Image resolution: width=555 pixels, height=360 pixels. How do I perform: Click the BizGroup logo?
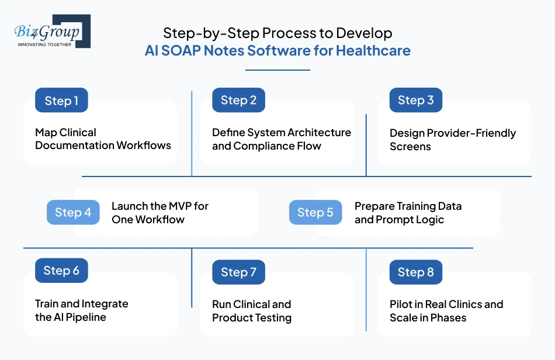(x=52, y=32)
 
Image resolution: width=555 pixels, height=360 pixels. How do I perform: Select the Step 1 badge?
(x=61, y=101)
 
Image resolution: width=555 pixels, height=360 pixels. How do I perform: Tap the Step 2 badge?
(x=238, y=100)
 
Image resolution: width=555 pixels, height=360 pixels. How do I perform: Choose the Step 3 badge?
(x=415, y=100)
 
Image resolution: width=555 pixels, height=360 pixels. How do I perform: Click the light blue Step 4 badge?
(x=73, y=213)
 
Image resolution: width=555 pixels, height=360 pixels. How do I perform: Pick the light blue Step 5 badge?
(x=315, y=213)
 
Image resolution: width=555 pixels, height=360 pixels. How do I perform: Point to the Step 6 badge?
(x=61, y=271)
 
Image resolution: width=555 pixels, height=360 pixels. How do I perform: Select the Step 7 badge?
(x=238, y=272)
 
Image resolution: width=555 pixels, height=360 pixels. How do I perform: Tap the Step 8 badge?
(x=415, y=272)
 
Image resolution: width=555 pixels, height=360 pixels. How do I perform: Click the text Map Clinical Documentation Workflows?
(x=103, y=139)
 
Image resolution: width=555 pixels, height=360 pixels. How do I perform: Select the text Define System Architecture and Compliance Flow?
(x=281, y=139)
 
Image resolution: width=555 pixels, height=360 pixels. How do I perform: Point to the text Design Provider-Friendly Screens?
(x=452, y=140)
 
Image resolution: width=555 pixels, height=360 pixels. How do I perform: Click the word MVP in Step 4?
(x=176, y=206)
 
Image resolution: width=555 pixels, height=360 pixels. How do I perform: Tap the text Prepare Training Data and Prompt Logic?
(x=407, y=213)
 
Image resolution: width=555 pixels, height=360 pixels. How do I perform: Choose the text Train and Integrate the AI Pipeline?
(x=81, y=310)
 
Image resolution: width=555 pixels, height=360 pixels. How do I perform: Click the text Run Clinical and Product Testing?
(x=251, y=311)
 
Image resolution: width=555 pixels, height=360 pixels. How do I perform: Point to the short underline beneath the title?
(x=277, y=70)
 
